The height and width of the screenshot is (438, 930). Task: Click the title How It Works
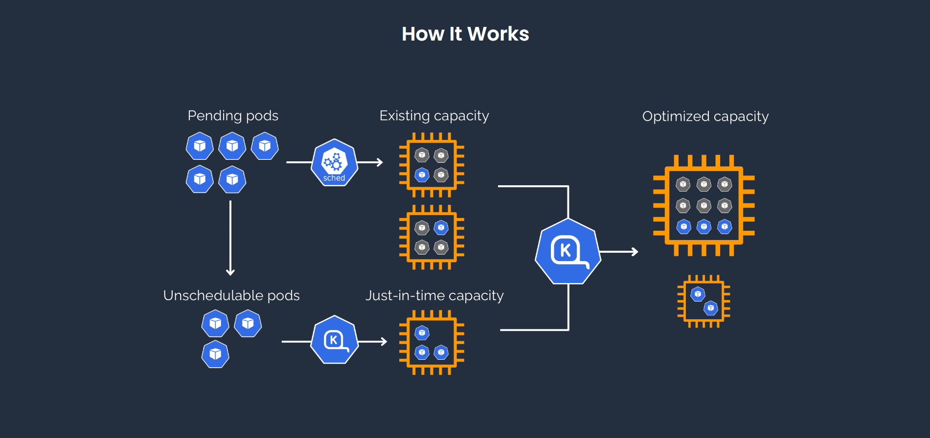[465, 34]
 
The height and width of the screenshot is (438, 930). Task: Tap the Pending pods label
[233, 116]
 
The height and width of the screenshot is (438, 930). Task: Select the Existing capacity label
[434, 116]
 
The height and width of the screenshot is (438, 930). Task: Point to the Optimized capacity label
[705, 117]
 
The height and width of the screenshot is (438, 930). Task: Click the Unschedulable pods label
[231, 296]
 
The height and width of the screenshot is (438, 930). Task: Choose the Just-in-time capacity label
[434, 296]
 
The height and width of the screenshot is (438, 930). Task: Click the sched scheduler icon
[335, 162]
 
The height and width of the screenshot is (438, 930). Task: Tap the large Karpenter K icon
[568, 251]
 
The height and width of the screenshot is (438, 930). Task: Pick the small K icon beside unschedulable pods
[335, 340]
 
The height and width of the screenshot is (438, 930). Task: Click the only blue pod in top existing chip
[422, 175]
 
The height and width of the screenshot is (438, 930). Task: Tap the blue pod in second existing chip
[441, 227]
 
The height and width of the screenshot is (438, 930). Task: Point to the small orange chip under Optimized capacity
[703, 301]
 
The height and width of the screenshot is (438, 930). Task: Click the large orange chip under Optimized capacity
[703, 205]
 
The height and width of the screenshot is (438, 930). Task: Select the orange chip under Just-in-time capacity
[431, 342]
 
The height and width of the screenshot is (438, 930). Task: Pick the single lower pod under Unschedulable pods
[215, 354]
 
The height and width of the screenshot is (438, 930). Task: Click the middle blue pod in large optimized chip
[703, 227]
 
